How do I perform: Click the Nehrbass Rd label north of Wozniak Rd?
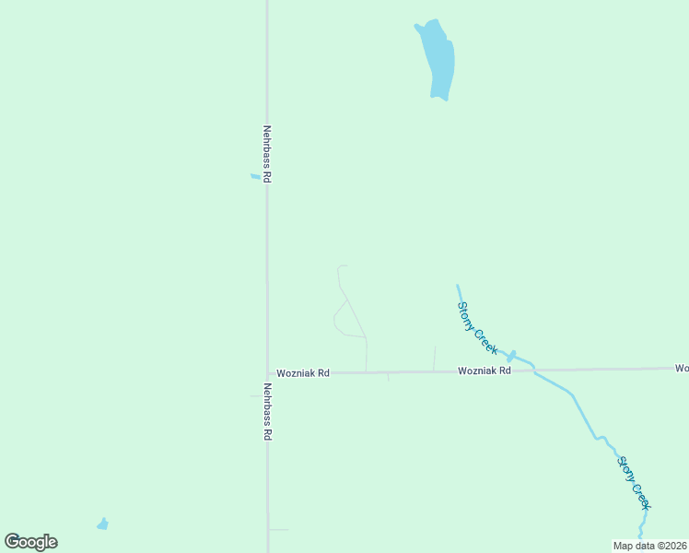[267, 154]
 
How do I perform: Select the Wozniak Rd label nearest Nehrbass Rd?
[303, 373]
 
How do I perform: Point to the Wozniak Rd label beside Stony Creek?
[485, 371]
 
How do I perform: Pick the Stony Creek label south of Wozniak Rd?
[634, 483]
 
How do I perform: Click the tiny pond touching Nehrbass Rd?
[255, 176]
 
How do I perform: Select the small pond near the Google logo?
[102, 524]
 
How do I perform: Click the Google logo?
[31, 542]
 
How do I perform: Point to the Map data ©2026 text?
[649, 546]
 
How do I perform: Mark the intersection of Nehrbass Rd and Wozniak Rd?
[267, 373]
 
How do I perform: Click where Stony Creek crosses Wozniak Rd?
[533, 370]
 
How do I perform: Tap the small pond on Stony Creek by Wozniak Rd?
[511, 356]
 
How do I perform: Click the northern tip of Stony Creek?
[457, 286]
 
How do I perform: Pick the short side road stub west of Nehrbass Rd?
[257, 396]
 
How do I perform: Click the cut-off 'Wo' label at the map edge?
[682, 368]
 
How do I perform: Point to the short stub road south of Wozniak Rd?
[388, 377]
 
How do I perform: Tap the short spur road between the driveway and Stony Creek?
[434, 359]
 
